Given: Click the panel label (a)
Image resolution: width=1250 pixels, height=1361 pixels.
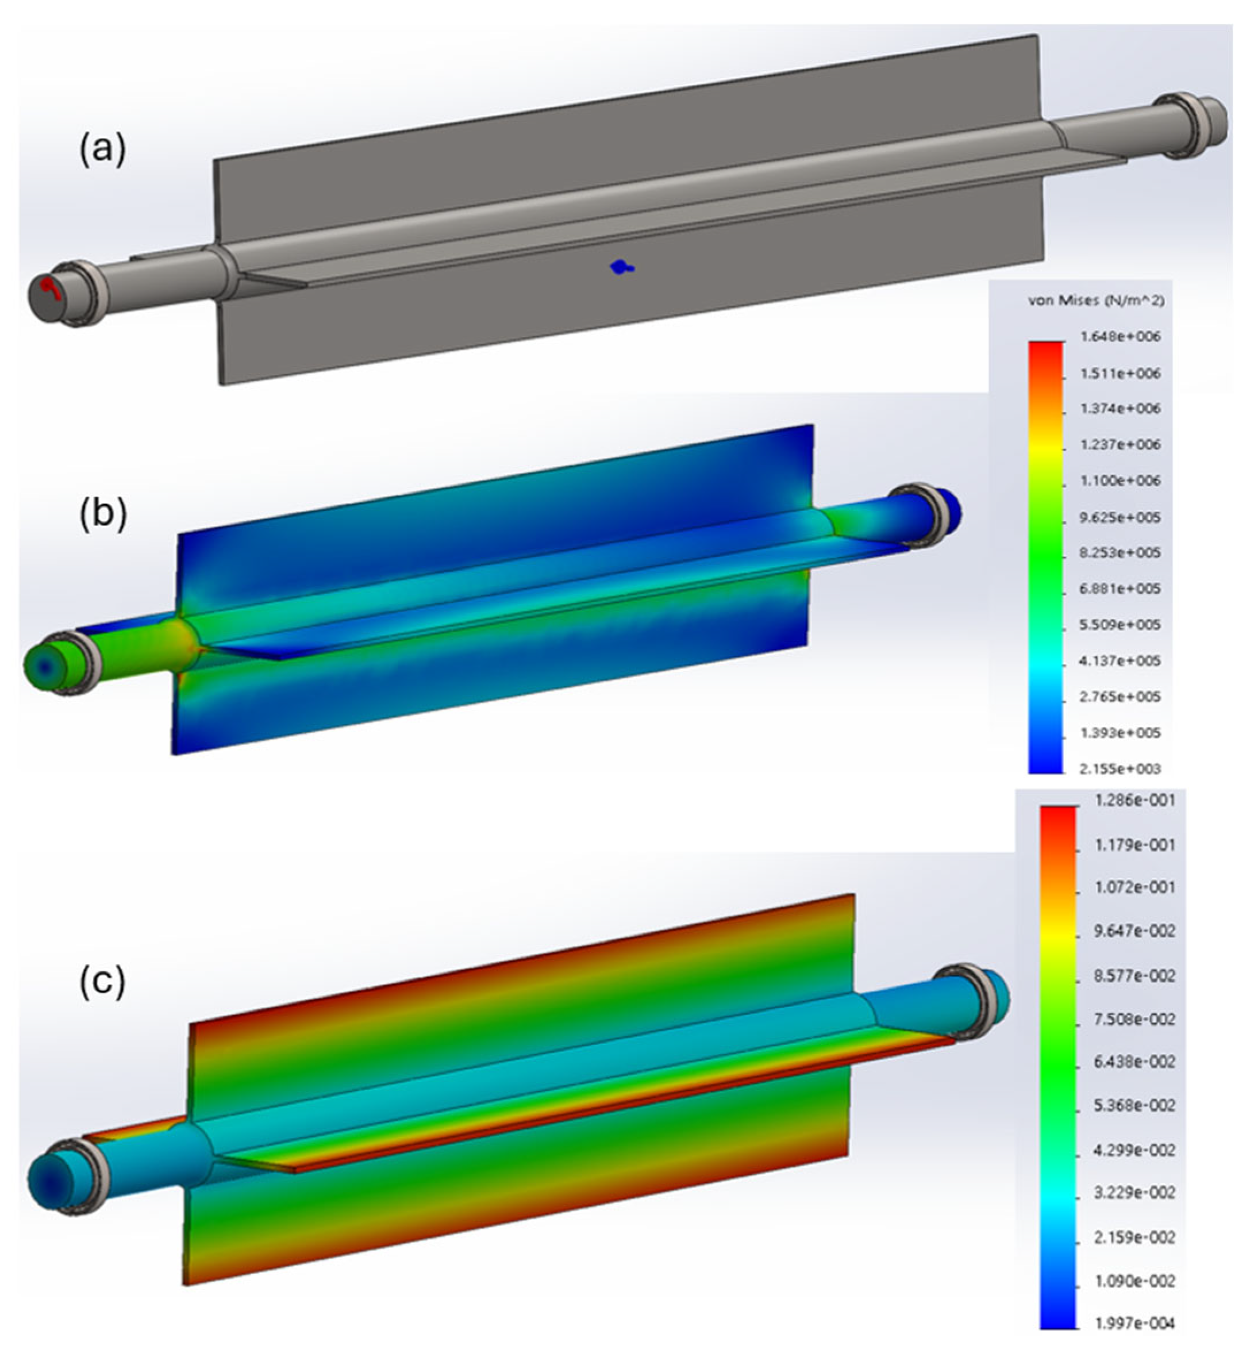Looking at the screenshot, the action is tap(103, 149).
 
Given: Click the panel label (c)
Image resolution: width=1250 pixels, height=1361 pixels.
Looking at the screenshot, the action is tap(103, 980).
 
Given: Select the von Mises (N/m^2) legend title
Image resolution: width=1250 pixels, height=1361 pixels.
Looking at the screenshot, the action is tap(1096, 301).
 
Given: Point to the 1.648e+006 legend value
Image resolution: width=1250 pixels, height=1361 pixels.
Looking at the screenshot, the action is tap(1120, 336).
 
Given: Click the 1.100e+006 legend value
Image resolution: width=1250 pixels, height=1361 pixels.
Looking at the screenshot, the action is tap(1120, 481).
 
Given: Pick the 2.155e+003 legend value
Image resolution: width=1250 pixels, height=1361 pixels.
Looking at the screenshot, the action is tap(1120, 768).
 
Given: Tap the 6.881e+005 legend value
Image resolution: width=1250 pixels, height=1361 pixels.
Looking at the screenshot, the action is tap(1120, 589).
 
